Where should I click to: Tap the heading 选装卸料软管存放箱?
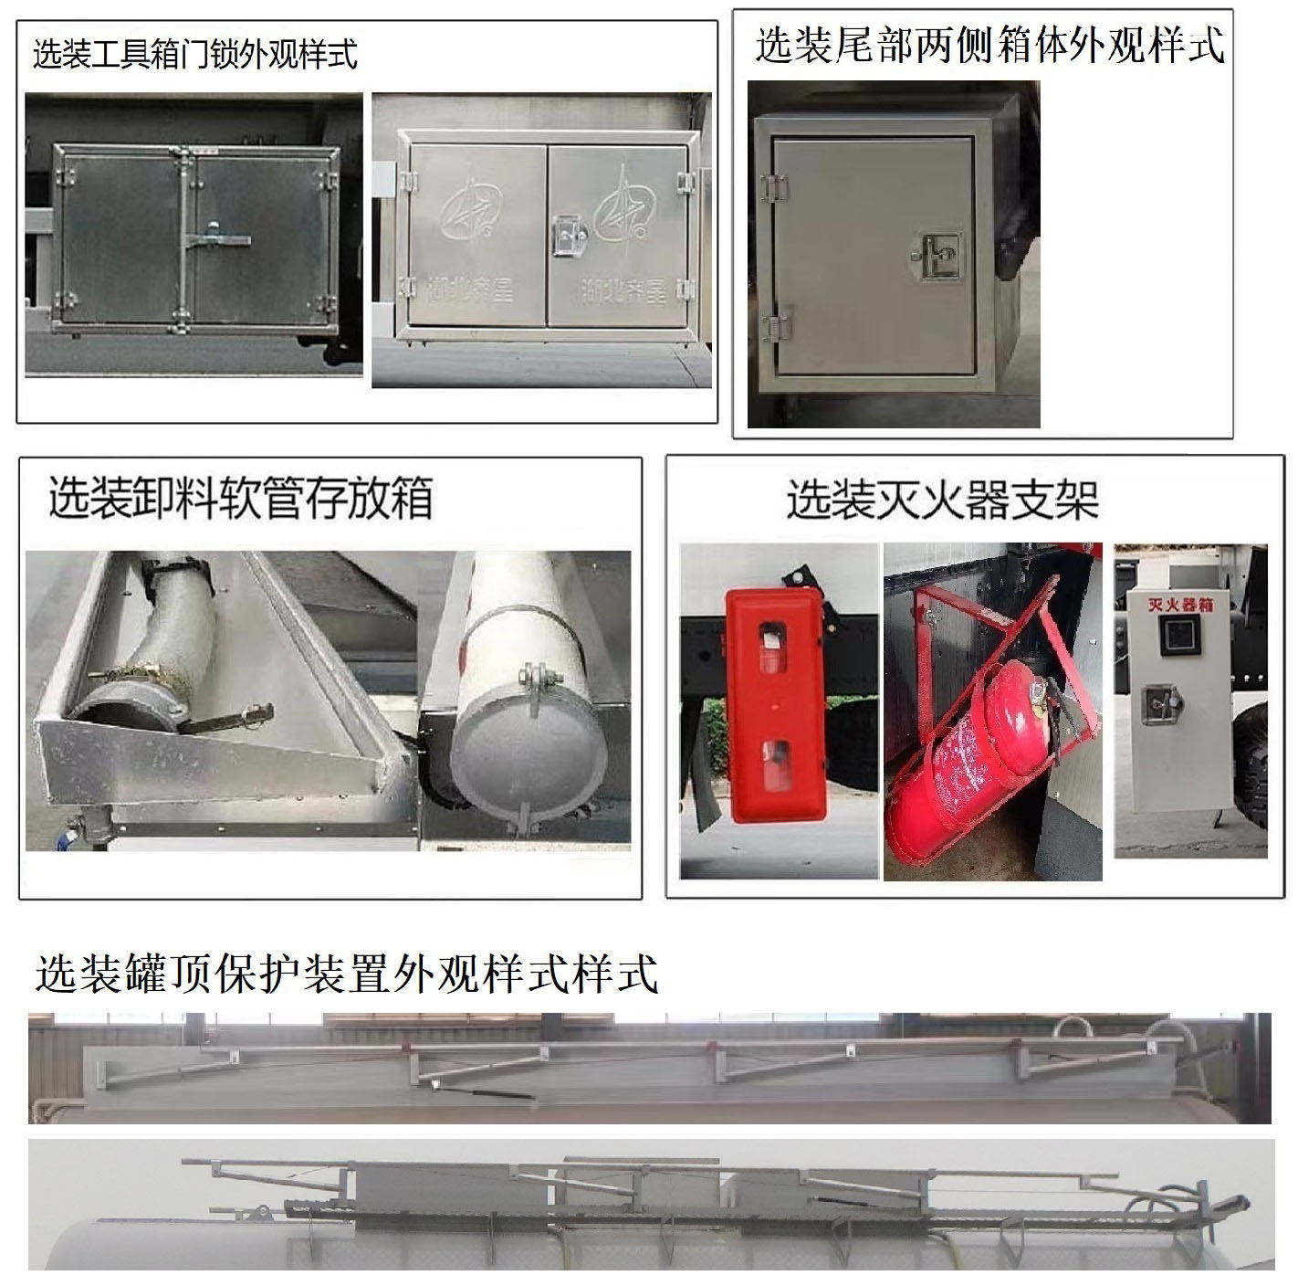click(240, 498)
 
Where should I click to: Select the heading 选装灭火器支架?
click(943, 500)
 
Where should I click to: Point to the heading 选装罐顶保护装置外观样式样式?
click(346, 974)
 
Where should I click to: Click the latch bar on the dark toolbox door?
click(217, 240)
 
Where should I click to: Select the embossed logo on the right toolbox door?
click(622, 205)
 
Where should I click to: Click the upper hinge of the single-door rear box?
click(773, 187)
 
